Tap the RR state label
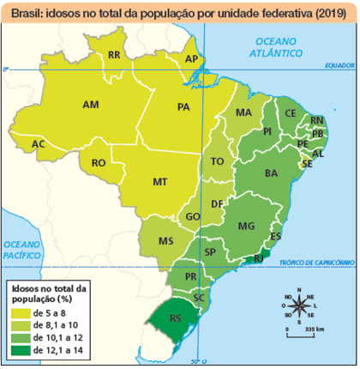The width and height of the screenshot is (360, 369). (x=113, y=56)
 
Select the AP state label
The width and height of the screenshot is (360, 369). (x=192, y=59)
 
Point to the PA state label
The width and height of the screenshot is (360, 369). (x=183, y=107)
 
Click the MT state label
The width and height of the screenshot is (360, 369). (x=159, y=182)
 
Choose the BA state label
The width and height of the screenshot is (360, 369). (x=272, y=173)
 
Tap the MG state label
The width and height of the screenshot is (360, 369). (x=247, y=226)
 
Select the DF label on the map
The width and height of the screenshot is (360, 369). (x=218, y=203)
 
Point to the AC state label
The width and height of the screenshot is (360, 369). (x=38, y=143)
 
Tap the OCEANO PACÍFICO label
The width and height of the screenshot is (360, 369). (x=22, y=249)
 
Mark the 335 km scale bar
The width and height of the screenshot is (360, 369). (x=303, y=333)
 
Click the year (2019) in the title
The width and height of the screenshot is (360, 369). (x=326, y=14)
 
